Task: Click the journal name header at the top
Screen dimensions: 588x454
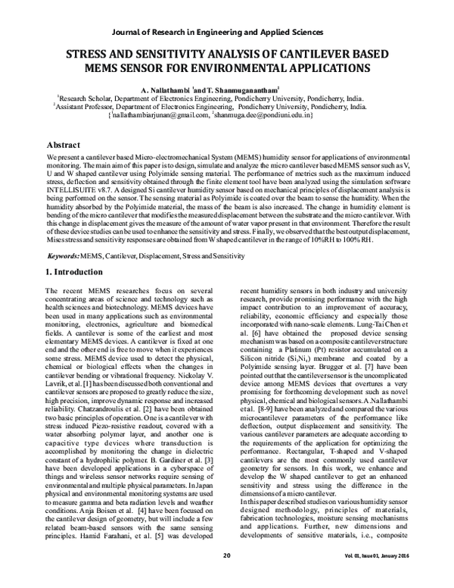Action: click(227, 33)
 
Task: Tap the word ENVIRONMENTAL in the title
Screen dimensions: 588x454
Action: click(249, 68)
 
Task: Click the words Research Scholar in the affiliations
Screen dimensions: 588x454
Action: click(84, 99)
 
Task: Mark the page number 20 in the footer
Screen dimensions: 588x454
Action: click(226, 577)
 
